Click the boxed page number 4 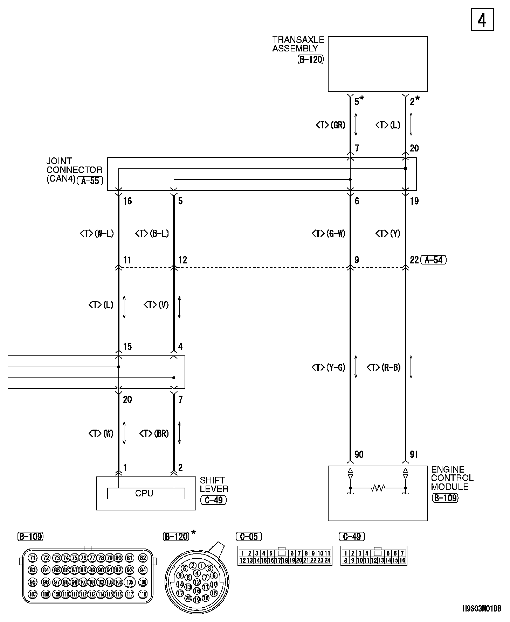(482, 21)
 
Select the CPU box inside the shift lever (146, 493)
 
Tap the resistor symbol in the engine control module (378, 488)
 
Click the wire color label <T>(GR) (330, 125)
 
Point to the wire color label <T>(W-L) (97, 233)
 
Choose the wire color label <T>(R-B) (384, 367)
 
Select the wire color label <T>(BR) (154, 433)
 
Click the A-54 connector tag (434, 260)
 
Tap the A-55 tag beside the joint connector (90, 181)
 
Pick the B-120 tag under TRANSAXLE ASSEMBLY (311, 59)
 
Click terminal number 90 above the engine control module (359, 454)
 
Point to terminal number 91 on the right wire (414, 454)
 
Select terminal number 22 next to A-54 (414, 260)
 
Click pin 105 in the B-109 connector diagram (130, 582)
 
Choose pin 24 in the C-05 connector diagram (328, 560)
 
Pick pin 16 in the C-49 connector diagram (402, 560)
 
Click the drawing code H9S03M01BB (482, 608)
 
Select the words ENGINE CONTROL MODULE (452, 478)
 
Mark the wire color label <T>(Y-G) (328, 367)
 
